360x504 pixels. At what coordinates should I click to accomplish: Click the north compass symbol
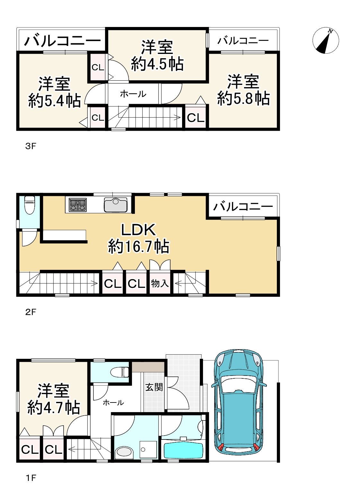[325, 40]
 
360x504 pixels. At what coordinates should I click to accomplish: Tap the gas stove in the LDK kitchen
[78, 205]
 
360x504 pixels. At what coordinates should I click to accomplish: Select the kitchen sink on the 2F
[116, 205]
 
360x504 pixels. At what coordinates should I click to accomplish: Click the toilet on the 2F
[30, 205]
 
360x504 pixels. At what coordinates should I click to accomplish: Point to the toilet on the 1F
[120, 371]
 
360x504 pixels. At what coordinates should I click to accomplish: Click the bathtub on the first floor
[183, 450]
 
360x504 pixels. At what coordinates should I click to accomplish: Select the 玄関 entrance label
[154, 387]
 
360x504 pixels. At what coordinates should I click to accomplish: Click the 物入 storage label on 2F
[160, 283]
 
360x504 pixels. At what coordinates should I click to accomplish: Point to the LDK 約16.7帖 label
[139, 238]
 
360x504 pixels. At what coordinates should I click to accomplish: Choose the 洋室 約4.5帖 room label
[157, 55]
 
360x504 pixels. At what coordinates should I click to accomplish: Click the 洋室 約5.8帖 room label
[243, 90]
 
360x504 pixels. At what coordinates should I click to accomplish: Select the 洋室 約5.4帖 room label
[55, 92]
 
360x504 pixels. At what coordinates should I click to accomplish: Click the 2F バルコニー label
[243, 206]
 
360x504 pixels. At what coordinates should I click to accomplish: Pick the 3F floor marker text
[31, 146]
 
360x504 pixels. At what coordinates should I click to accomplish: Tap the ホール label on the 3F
[133, 94]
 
